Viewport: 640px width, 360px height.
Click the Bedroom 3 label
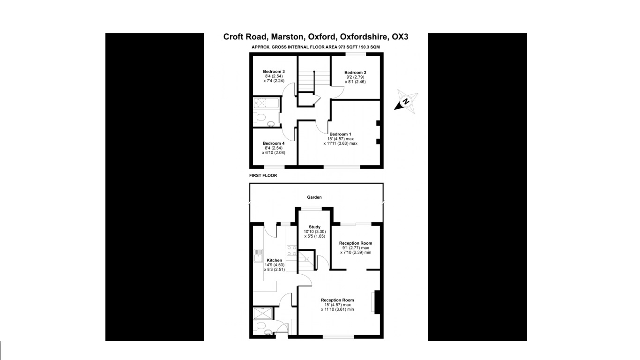[x=274, y=72]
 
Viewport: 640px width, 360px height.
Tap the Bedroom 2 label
[x=355, y=73]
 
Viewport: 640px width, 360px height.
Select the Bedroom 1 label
[x=340, y=134]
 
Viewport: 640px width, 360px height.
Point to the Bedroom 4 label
[x=274, y=143]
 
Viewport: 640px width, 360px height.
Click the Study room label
[x=314, y=227]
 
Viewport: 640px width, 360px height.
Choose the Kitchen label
[x=274, y=260]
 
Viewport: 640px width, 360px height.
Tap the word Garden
[x=314, y=197]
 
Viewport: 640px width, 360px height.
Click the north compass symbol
[x=406, y=101]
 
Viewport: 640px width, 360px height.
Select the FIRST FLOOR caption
[x=263, y=176]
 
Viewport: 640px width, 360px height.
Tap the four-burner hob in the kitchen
[x=292, y=250]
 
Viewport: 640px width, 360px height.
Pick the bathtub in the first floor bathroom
[x=266, y=103]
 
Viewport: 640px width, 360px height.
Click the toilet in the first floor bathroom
[x=260, y=117]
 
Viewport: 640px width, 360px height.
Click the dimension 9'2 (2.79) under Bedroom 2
[x=355, y=77]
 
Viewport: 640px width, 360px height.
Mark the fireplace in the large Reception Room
[x=376, y=302]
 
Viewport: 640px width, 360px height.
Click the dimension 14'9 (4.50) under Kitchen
[x=274, y=265]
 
